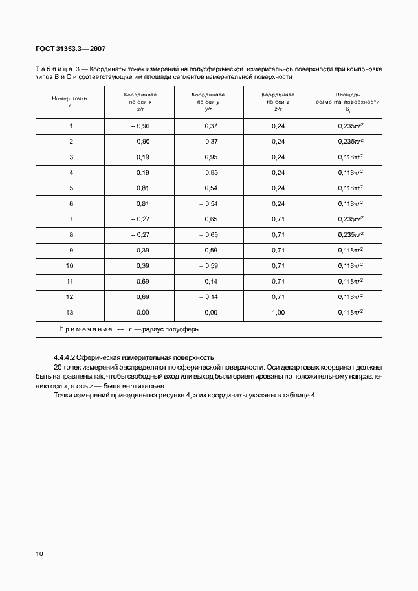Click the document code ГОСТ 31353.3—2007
point(71,48)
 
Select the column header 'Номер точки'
point(69,102)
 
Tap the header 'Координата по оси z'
point(278,102)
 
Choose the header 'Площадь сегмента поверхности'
point(347,102)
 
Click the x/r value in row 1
point(140,126)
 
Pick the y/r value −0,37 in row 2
point(210,141)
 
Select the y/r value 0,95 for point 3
point(211,157)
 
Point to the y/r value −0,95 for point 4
point(210,172)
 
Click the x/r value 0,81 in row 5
point(143,188)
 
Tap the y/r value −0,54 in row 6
point(210,203)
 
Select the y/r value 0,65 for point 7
point(211,219)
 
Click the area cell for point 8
point(350,234)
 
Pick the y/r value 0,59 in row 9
point(211,250)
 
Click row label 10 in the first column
point(71,265)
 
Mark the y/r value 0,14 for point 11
point(211,281)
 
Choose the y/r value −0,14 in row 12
point(210,296)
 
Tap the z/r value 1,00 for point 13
point(278,312)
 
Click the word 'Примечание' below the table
point(86,329)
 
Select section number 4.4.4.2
point(65,357)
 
